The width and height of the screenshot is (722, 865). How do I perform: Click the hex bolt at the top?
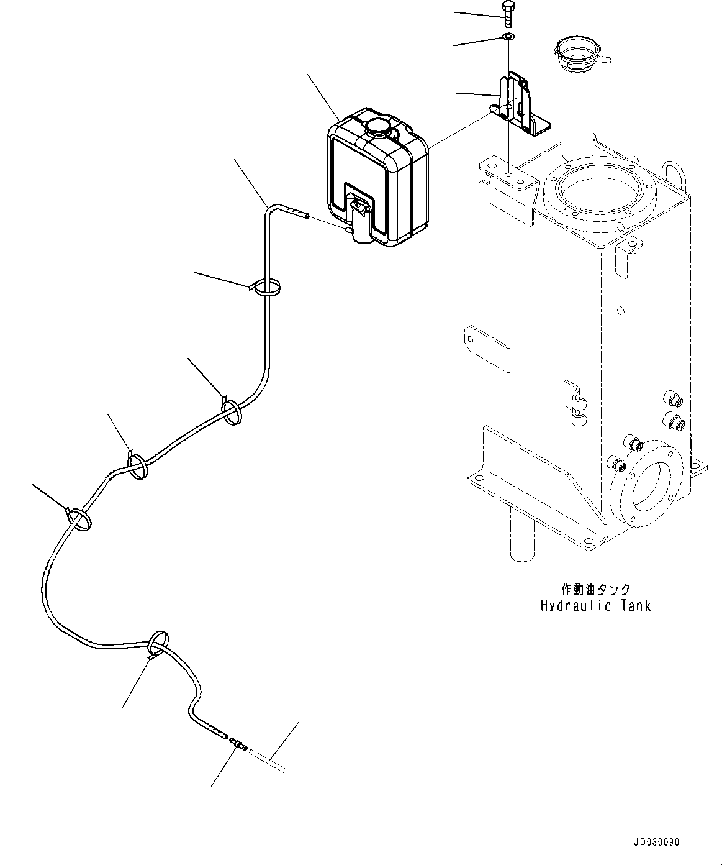[x=508, y=15]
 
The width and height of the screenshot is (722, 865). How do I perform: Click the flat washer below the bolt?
[x=509, y=37]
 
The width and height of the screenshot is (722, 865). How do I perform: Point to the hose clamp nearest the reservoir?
[x=265, y=287]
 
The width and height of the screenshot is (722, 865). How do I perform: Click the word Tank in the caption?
[x=636, y=606]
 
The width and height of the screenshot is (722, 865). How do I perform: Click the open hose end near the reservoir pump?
[x=307, y=216]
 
